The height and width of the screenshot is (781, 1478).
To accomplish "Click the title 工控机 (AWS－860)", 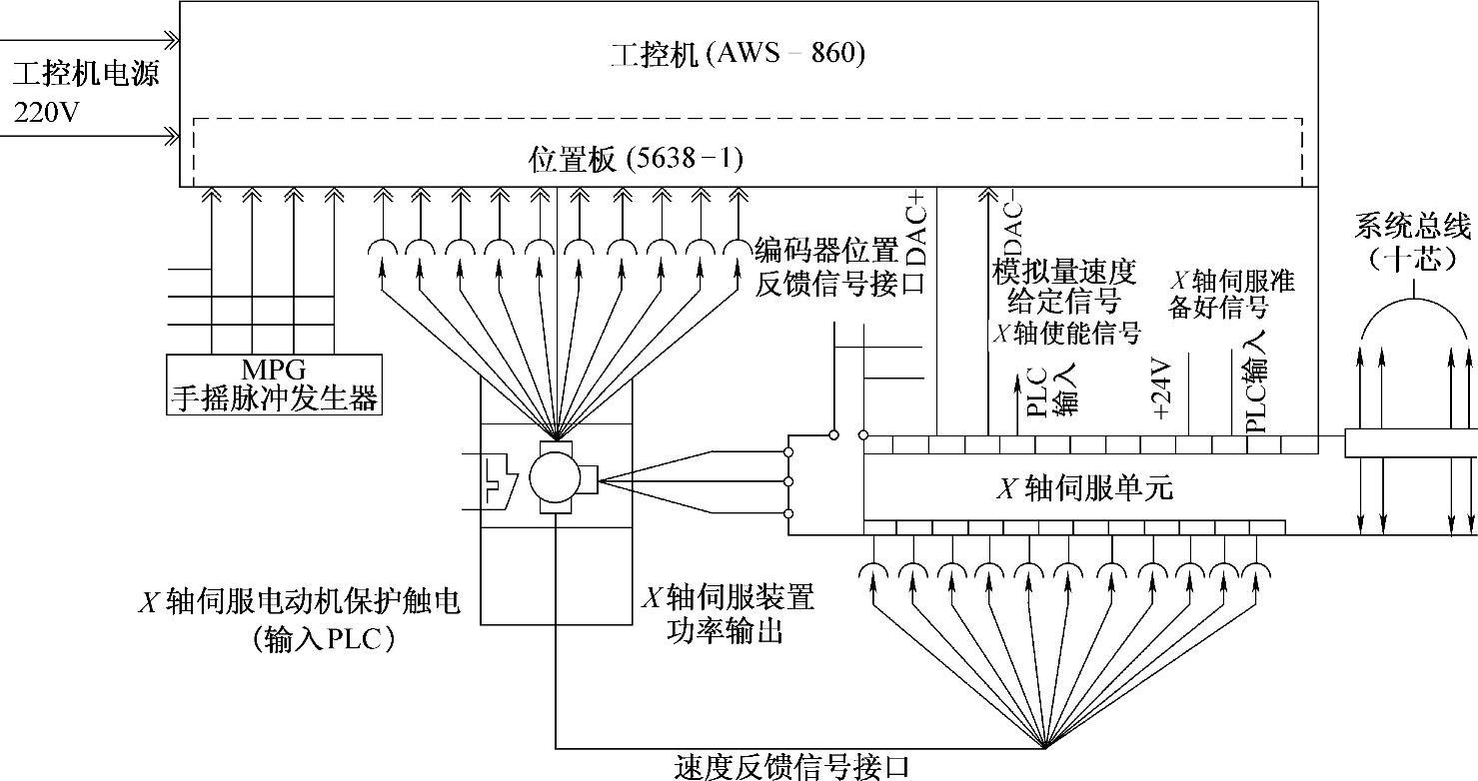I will click(738, 53).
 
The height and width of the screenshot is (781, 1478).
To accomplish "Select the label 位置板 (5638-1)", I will click(635, 159).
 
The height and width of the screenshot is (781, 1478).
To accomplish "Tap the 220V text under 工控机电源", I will click(46, 112).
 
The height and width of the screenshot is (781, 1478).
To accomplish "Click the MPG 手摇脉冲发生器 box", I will click(274, 386).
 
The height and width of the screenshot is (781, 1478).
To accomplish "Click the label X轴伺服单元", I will click(1085, 488).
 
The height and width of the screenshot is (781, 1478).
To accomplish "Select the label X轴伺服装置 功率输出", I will click(727, 615).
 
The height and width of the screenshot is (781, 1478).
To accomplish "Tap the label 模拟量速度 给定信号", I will click(1063, 285).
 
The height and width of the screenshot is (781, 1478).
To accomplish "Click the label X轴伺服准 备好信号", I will click(1231, 294).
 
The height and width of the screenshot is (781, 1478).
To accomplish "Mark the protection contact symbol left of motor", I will click(497, 481).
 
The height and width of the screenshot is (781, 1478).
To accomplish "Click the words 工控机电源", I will click(86, 75).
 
